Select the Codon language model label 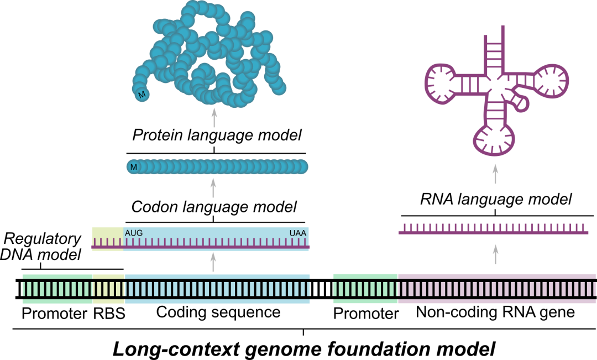pos(214,207)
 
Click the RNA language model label pos(495,199)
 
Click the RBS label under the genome pos(108,313)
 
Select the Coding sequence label pos(218,312)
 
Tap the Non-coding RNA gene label pos(495,312)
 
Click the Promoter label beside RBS pos(54,313)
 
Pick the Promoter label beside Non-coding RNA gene pos(366,314)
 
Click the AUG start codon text pos(134,233)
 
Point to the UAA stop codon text pos(298,233)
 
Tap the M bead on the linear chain pos(133,166)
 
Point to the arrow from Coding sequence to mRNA pos(214,263)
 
